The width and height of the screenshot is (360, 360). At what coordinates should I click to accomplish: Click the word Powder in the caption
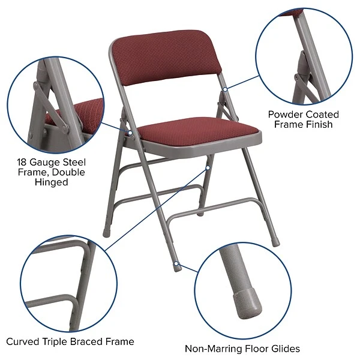[x=286, y=114]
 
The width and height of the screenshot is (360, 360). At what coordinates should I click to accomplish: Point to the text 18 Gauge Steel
[x=51, y=162]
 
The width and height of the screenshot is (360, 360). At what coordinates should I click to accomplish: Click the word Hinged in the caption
[x=51, y=182]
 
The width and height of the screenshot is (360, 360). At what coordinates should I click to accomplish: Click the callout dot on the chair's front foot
[x=176, y=262]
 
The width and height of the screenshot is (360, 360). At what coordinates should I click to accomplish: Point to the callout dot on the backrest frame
[x=224, y=89]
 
